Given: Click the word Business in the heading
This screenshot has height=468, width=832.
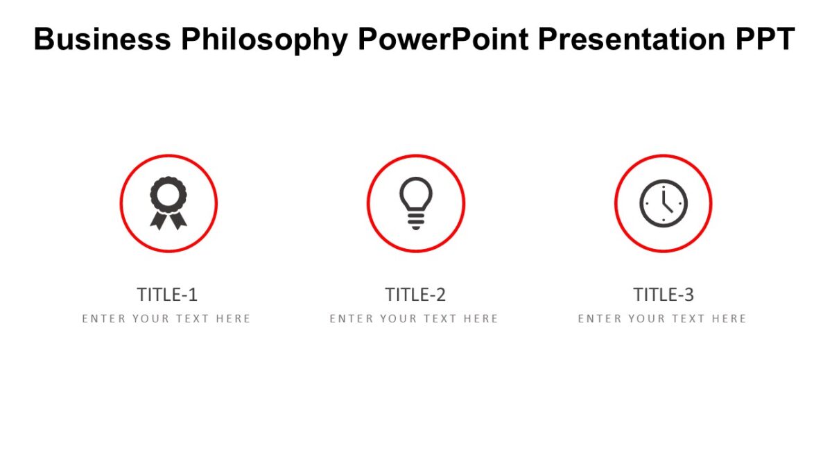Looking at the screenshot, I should pyautogui.click(x=102, y=40).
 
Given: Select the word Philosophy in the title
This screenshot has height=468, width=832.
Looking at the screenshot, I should pyautogui.click(x=264, y=40).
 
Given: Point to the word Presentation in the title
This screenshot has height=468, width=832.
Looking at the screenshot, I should pyautogui.click(x=632, y=40).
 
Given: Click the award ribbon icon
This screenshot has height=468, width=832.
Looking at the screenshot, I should pyautogui.click(x=168, y=203).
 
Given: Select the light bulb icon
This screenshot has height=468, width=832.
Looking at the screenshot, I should pyautogui.click(x=415, y=203).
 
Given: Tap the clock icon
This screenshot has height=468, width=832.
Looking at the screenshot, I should pyautogui.click(x=663, y=203).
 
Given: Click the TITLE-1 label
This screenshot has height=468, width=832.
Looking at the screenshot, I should pyautogui.click(x=167, y=295).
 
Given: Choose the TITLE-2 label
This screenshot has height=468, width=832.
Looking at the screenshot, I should pyautogui.click(x=415, y=295).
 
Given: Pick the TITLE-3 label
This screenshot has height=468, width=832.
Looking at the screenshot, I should pyautogui.click(x=663, y=295).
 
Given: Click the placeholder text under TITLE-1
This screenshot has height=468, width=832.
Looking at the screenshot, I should pyautogui.click(x=166, y=319).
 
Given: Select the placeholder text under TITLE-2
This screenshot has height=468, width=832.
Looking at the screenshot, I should pyautogui.click(x=414, y=319).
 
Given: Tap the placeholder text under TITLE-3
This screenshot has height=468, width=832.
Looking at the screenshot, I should pyautogui.click(x=662, y=319).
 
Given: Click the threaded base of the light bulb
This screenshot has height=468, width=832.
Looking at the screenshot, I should pyautogui.click(x=415, y=221).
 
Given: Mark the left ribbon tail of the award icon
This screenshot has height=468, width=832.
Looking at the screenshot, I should pyautogui.click(x=159, y=220).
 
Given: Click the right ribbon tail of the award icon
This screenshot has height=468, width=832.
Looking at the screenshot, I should pyautogui.click(x=178, y=220).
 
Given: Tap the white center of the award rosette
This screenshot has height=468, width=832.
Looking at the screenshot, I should pyautogui.click(x=168, y=195).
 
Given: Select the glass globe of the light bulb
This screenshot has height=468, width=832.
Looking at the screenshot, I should pyautogui.click(x=415, y=194).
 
